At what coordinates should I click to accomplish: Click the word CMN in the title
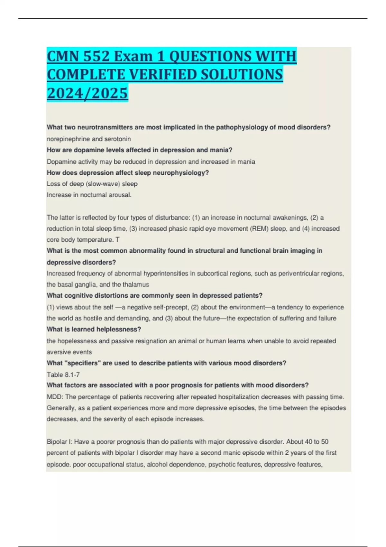coord(63,57)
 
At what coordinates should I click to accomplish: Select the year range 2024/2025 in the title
coord(87,93)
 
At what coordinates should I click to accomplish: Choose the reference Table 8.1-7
coord(63,375)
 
